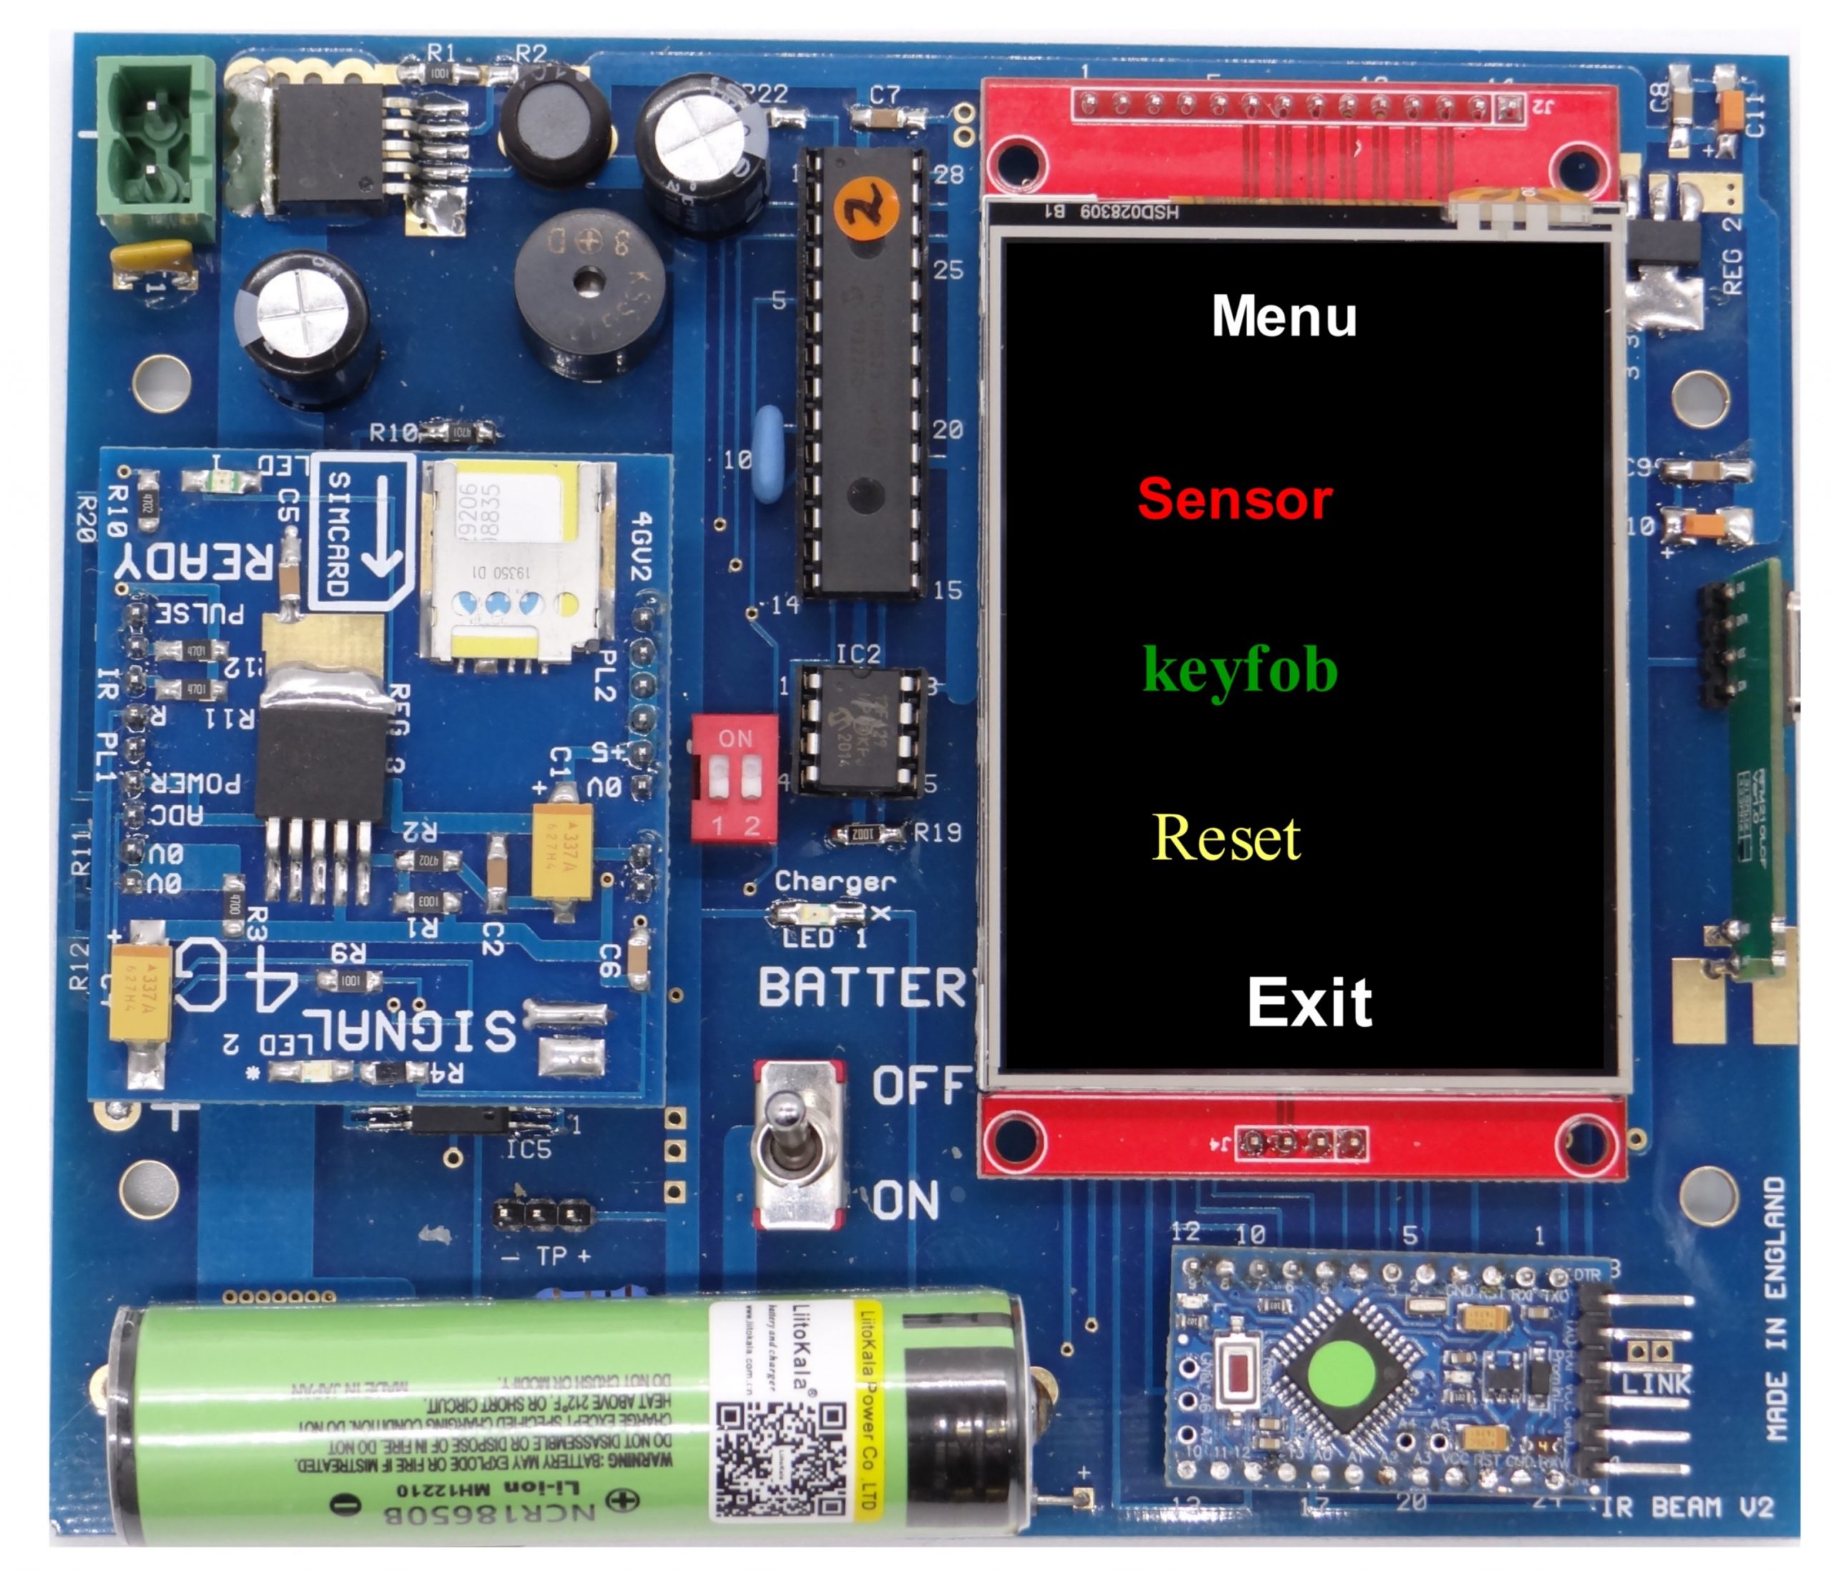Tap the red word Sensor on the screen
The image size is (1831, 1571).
click(x=1234, y=500)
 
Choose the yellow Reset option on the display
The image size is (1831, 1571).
click(x=1227, y=837)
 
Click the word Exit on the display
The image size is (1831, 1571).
click(x=1310, y=1003)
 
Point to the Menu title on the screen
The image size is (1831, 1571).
click(x=1284, y=316)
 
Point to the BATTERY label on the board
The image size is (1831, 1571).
click(x=866, y=988)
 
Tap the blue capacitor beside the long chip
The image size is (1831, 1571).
click(x=770, y=454)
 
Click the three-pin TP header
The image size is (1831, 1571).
click(x=540, y=1215)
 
